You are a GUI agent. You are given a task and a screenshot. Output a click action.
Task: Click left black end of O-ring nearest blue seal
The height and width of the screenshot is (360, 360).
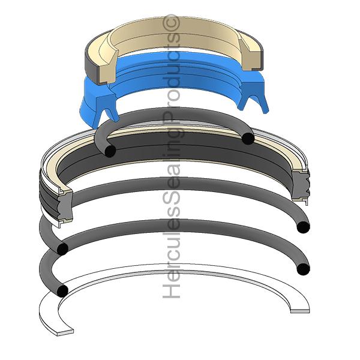tap(109, 151)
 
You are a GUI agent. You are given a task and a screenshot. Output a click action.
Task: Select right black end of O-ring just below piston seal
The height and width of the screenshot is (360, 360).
tap(304, 227)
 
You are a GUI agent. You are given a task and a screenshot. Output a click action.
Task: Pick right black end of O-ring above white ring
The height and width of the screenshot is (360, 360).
tap(304, 268)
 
